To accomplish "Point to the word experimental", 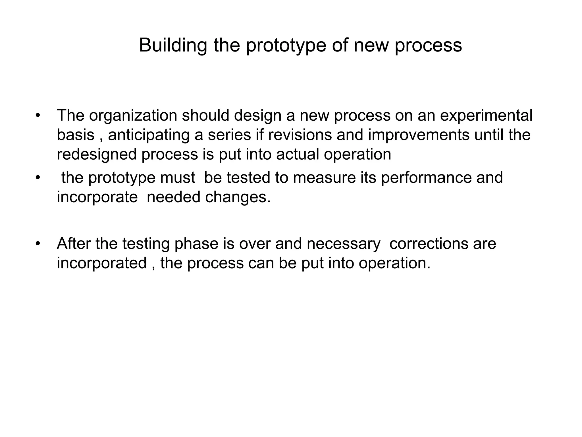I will [x=486, y=116].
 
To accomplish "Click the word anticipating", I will [x=149, y=135].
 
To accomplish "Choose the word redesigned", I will [x=97, y=154].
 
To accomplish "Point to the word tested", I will [x=248, y=178].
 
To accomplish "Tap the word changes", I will [x=238, y=197].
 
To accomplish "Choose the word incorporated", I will [x=102, y=263].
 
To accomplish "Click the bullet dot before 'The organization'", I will [x=38, y=116].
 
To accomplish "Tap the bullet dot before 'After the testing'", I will [x=38, y=244].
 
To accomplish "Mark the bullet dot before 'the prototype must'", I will [x=38, y=178].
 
